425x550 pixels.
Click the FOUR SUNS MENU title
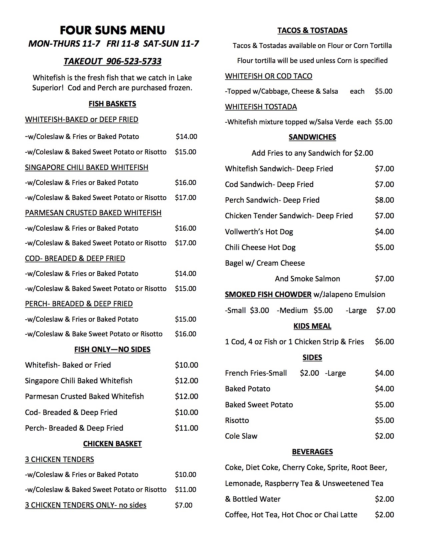click(x=112, y=30)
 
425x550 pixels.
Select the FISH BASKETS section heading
click(x=112, y=104)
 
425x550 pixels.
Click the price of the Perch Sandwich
click(x=384, y=200)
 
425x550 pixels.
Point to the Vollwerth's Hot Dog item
click(x=259, y=232)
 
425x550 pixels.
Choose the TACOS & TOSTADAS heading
click(x=312, y=31)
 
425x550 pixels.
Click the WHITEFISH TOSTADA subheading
click(x=261, y=107)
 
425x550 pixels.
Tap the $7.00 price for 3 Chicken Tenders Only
click(x=184, y=505)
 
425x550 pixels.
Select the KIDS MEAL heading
click(x=312, y=326)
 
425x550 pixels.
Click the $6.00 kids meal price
click(x=384, y=342)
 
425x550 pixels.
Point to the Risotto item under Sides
click(x=237, y=420)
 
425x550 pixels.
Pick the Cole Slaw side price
click(x=384, y=436)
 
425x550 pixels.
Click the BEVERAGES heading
click(x=312, y=452)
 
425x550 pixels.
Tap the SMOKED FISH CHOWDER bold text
click(x=268, y=295)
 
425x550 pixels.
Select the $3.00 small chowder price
click(x=259, y=310)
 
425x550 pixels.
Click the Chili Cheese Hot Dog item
click(x=260, y=247)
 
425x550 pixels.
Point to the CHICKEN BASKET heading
click(x=112, y=444)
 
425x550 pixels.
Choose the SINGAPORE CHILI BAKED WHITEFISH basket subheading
click(x=87, y=167)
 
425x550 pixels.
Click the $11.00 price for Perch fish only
click(x=186, y=428)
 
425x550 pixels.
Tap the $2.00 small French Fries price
click(x=309, y=373)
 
